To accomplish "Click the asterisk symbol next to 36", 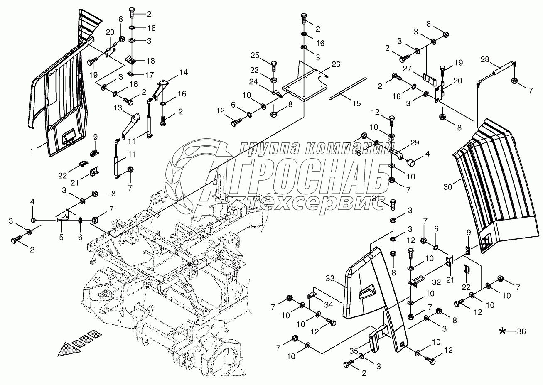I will [503, 331].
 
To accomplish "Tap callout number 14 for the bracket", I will [183, 72].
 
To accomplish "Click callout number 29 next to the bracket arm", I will [414, 142].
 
